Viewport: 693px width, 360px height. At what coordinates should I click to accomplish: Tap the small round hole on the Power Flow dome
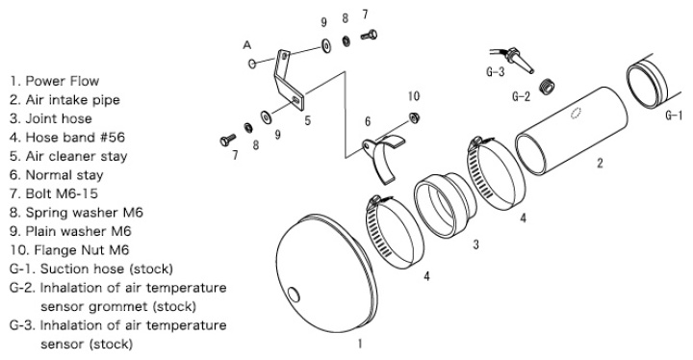(x=294, y=295)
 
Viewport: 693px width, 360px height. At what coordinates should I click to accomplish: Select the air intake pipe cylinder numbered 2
(x=572, y=131)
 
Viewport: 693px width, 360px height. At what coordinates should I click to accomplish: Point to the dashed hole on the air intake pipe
(x=576, y=114)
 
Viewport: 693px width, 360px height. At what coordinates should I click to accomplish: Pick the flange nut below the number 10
(x=414, y=117)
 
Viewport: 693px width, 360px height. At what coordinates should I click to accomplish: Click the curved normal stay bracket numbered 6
(x=383, y=157)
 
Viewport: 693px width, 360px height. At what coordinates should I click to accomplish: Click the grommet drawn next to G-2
(x=548, y=86)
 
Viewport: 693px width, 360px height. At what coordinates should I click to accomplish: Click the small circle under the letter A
(x=252, y=64)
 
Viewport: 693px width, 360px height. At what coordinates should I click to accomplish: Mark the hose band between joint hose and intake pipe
(x=495, y=173)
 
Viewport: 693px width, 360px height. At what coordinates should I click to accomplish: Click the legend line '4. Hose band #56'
(x=67, y=137)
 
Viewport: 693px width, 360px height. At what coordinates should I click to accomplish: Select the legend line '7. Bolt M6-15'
(x=54, y=193)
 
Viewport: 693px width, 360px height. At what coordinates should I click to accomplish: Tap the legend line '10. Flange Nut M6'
(x=69, y=250)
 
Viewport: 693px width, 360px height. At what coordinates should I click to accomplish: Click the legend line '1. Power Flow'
(x=54, y=81)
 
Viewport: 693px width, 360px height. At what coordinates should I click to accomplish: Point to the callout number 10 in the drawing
(x=413, y=96)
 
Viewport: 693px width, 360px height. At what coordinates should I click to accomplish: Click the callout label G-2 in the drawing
(x=521, y=96)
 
